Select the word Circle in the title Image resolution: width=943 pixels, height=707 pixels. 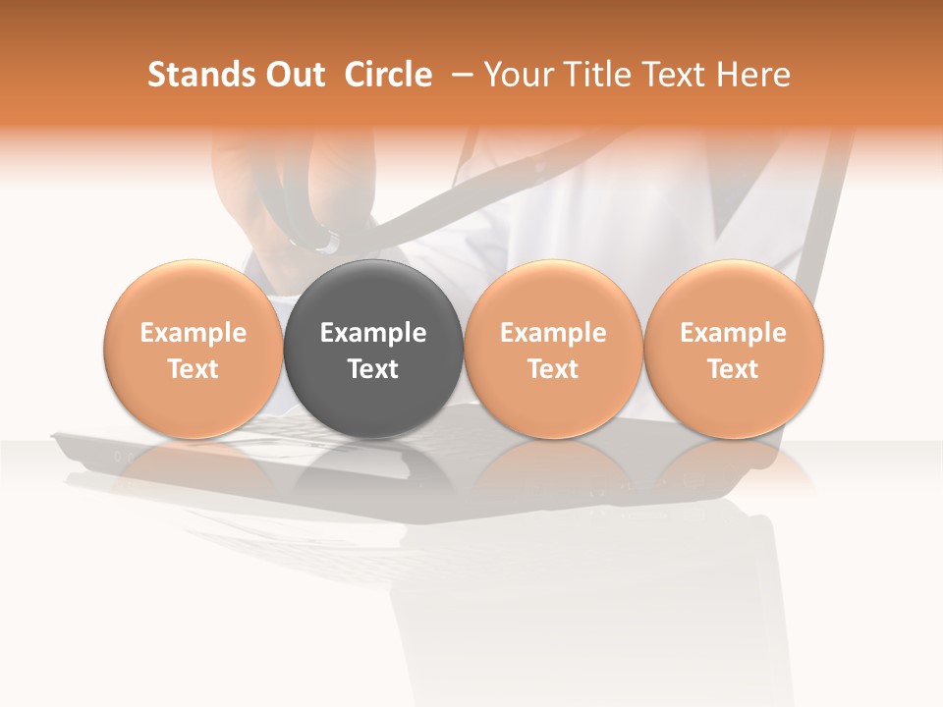(388, 75)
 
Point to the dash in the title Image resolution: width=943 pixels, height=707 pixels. (458, 75)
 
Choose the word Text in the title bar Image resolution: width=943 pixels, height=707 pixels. (673, 75)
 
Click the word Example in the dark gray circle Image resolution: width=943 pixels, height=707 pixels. (373, 333)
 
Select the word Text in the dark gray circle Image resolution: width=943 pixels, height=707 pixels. (373, 369)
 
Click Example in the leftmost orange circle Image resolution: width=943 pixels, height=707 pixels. (194, 333)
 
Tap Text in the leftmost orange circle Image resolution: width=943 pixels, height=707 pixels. (194, 369)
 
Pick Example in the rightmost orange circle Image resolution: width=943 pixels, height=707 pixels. (734, 333)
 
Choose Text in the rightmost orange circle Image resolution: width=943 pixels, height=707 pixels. (734, 369)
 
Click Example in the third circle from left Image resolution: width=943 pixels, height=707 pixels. (553, 333)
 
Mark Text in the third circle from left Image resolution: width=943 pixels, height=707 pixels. (553, 369)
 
